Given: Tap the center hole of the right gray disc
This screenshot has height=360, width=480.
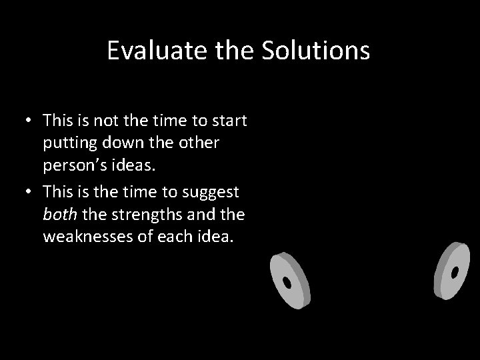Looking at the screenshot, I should pos(455,273).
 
